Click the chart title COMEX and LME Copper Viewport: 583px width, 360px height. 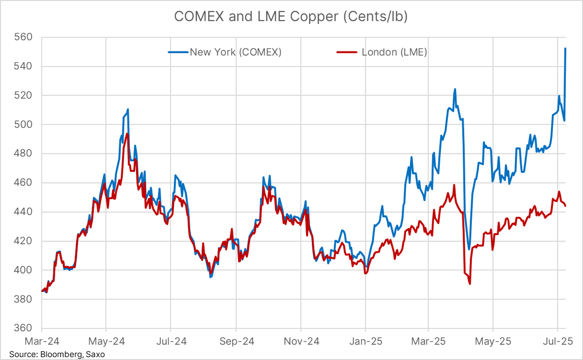pos(291,17)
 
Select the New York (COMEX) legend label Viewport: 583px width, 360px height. pos(236,52)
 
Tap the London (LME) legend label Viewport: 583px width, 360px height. pos(394,52)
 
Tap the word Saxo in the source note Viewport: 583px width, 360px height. pos(95,354)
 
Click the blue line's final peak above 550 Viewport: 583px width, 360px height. pos(566,49)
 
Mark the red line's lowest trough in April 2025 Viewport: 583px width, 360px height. pos(470,284)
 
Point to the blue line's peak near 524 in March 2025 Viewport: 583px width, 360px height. pos(455,89)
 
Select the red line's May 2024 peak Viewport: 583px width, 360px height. pos(127,134)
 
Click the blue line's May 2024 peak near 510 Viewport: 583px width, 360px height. pos(127,109)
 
